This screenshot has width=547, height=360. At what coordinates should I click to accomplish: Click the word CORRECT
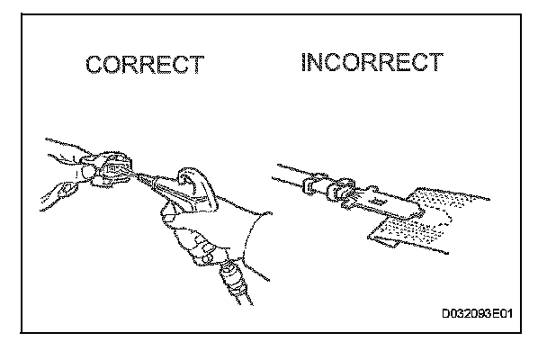pyautogui.click(x=145, y=66)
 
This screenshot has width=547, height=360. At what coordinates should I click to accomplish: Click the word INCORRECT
pyautogui.click(x=372, y=62)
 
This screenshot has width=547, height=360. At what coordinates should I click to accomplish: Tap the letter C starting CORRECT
pyautogui.click(x=94, y=66)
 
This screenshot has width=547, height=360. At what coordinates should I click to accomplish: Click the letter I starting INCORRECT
pyautogui.click(x=306, y=62)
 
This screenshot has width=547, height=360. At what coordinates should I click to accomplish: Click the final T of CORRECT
pyautogui.click(x=197, y=66)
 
